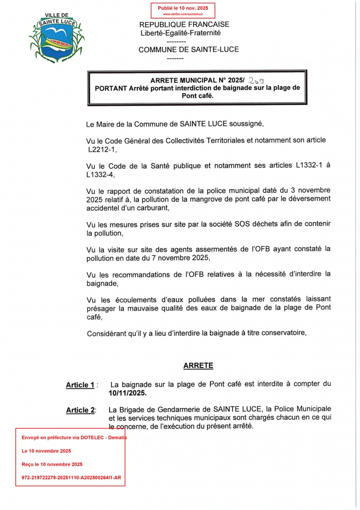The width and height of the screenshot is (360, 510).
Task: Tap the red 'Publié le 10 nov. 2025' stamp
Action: coord(183,10)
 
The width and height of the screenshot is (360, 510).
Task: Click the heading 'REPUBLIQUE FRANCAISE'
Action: coord(184,24)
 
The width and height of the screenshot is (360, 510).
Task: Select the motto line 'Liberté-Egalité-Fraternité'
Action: coord(180,32)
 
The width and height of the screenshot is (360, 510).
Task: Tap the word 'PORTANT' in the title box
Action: coord(111,88)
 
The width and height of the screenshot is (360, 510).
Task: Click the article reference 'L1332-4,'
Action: coord(104,175)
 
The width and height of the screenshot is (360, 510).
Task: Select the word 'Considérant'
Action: coord(106,333)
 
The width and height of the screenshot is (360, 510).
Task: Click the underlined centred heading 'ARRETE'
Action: coord(198,366)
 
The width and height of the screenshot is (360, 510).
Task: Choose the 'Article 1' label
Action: coord(80,385)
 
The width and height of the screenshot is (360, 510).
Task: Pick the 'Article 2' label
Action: coord(80,410)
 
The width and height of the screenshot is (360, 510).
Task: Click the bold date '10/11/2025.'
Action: coord(128,393)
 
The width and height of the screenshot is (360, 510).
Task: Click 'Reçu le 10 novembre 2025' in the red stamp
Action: coord(52,464)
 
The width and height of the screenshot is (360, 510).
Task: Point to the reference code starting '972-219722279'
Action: coord(71,477)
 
